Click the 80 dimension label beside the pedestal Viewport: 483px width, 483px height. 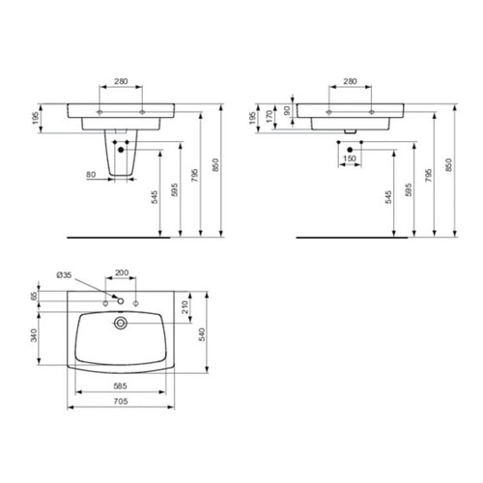click(x=90, y=175)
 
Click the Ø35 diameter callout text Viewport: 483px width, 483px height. click(x=63, y=275)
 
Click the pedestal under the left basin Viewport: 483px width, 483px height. click(x=121, y=159)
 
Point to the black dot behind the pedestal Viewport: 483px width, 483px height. click(x=121, y=148)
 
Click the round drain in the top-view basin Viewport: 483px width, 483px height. click(x=121, y=321)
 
